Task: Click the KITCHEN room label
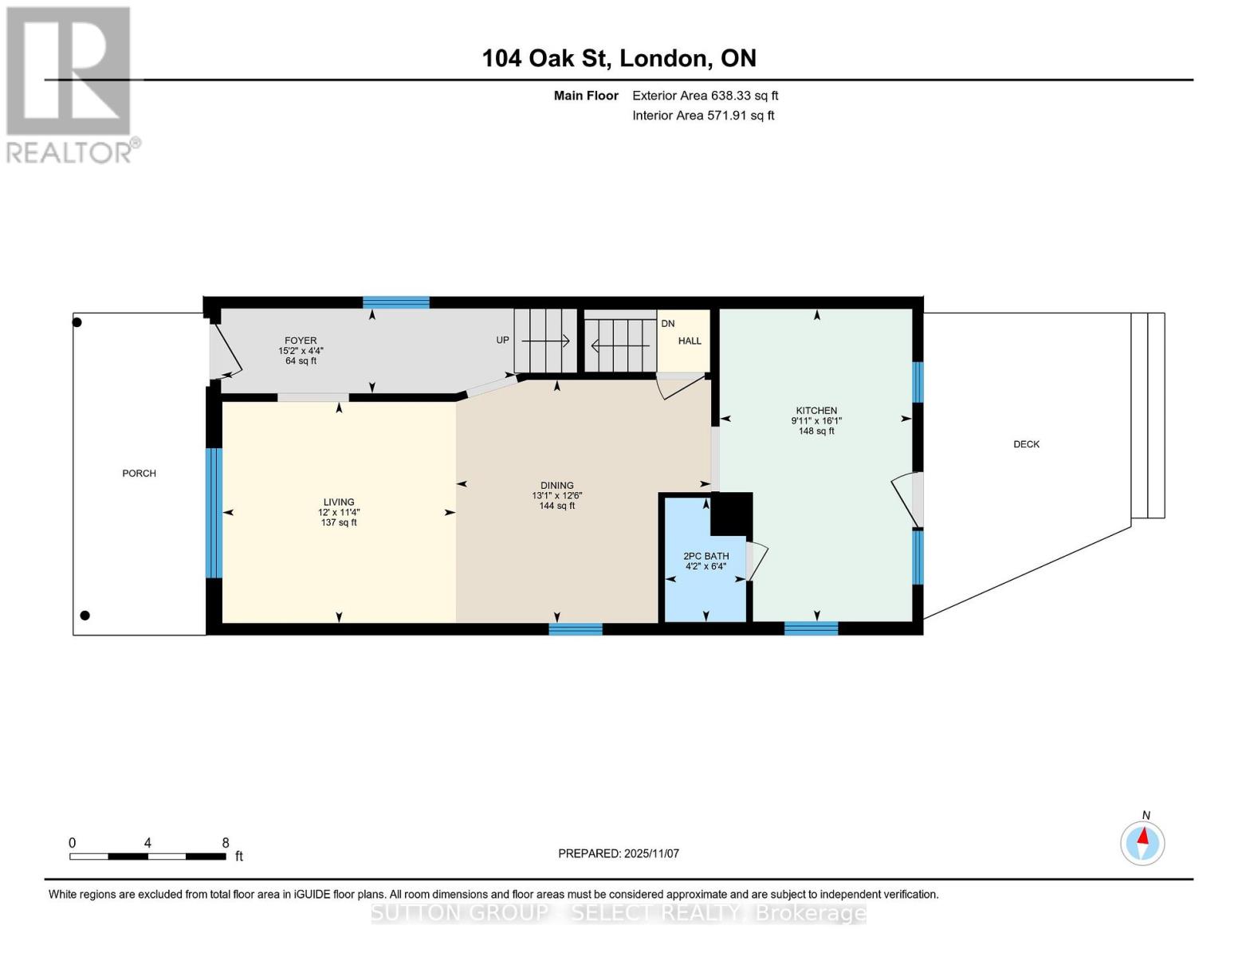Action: coord(816,411)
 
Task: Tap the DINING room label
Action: coord(556,486)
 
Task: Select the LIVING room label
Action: coord(339,502)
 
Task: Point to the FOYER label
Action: coord(301,341)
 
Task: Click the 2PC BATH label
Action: coord(705,557)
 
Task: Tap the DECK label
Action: coord(1026,444)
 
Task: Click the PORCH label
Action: coord(139,474)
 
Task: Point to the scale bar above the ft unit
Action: coord(147,857)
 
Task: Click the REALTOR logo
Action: coord(70,84)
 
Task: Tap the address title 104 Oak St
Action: coord(619,58)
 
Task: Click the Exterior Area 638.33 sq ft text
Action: coord(705,96)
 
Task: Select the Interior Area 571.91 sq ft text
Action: coord(703,116)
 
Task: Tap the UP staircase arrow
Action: coord(545,341)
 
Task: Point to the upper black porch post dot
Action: coord(77,322)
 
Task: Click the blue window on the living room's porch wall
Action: coord(214,513)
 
